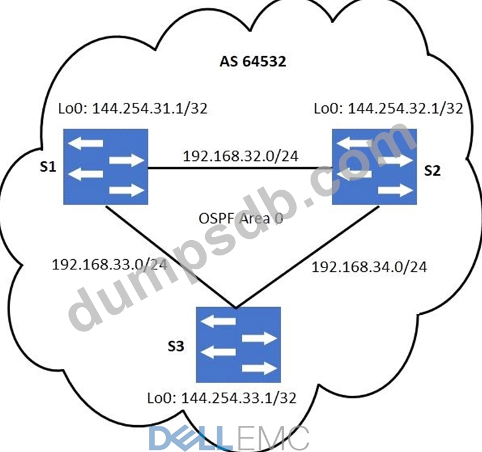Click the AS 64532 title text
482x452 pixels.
pos(253,63)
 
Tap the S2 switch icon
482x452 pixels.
pos(374,165)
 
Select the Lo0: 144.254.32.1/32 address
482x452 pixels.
pos(388,108)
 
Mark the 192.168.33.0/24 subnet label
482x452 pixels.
pos(109,263)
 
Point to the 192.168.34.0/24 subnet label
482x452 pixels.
pos(369,266)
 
